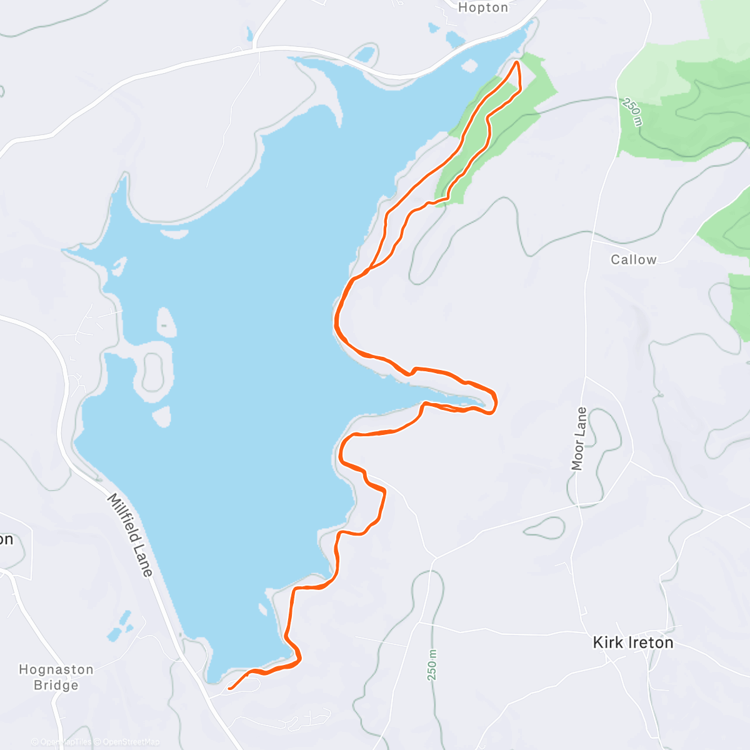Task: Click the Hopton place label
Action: (x=483, y=7)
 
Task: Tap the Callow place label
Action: (x=634, y=259)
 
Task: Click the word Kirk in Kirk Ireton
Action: (x=607, y=642)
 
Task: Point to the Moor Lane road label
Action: (x=579, y=439)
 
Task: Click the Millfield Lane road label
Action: (x=130, y=535)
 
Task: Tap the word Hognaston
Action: (x=56, y=669)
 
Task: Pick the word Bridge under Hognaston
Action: (x=56, y=685)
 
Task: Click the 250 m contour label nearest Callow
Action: (x=632, y=111)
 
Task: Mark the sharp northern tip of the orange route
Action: (x=517, y=62)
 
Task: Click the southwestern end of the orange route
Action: (x=230, y=689)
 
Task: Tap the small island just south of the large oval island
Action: (x=162, y=416)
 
